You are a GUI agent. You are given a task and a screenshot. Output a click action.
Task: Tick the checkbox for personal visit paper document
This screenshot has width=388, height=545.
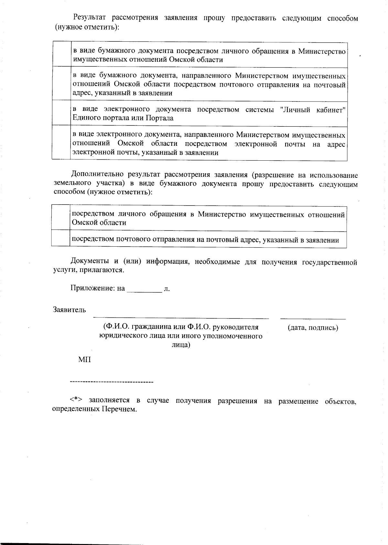61,54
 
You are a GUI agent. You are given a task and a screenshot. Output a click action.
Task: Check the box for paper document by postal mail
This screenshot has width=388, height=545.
61,84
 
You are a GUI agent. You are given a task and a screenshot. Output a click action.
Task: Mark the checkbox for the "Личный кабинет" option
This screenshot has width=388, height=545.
61,113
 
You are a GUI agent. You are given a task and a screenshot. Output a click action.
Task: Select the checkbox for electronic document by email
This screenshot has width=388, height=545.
61,143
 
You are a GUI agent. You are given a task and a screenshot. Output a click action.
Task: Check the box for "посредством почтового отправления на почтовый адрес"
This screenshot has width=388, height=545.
61,239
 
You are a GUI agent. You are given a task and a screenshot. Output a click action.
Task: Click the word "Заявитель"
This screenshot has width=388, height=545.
70,310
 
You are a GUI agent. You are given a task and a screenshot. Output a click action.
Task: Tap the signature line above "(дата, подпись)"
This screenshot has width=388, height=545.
313,318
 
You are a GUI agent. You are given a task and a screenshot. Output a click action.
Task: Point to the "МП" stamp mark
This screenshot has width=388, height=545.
84,359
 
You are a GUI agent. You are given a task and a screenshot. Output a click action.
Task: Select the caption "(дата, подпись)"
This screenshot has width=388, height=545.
313,327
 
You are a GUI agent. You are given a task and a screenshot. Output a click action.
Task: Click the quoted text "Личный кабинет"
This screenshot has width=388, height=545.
313,110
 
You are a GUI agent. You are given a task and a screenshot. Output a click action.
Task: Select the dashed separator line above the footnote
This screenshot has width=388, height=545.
112,382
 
